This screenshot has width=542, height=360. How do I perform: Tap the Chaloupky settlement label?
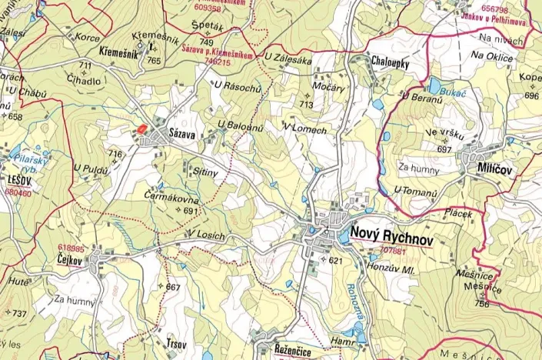tap(390, 62)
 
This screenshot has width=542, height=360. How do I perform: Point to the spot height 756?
tap(481, 304)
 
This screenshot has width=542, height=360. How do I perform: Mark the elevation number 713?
tap(307, 104)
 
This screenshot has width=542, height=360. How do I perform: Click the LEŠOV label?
tap(18, 179)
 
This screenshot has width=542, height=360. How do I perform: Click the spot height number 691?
tap(191, 211)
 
